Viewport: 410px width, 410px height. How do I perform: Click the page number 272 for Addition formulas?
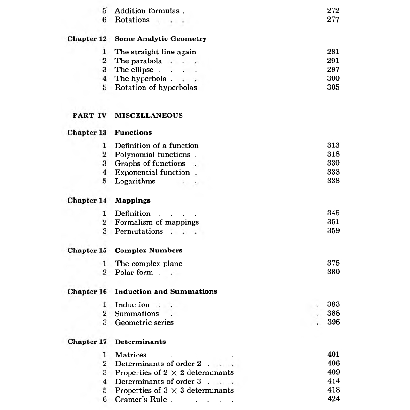(333, 11)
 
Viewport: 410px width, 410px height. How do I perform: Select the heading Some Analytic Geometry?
(160, 39)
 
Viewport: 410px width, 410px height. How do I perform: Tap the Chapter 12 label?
(87, 39)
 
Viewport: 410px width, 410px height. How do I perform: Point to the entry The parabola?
(138, 61)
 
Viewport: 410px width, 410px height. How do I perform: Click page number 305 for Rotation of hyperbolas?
(333, 87)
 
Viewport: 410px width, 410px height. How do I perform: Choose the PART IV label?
(90, 115)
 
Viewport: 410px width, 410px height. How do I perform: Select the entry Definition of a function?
(157, 146)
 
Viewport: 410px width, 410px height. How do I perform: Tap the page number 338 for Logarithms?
(333, 181)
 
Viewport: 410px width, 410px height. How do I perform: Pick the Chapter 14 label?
(87, 200)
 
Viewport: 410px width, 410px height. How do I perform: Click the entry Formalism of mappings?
(157, 222)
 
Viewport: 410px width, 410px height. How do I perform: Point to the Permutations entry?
(139, 231)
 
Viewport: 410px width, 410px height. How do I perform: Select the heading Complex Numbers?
(148, 251)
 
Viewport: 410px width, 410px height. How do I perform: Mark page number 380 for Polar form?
(333, 272)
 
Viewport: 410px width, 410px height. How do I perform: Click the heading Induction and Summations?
(166, 291)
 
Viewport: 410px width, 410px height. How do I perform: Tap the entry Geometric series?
(144, 323)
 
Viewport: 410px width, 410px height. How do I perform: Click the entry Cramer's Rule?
(142, 399)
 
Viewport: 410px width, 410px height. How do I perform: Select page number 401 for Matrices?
(333, 355)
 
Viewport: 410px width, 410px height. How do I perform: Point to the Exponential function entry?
(152, 172)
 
